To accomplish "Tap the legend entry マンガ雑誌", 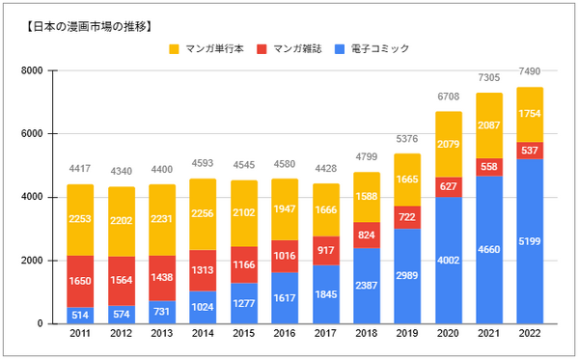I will [x=302, y=48].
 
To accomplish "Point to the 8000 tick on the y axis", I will [x=31, y=70].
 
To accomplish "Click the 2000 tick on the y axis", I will [x=31, y=261].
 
